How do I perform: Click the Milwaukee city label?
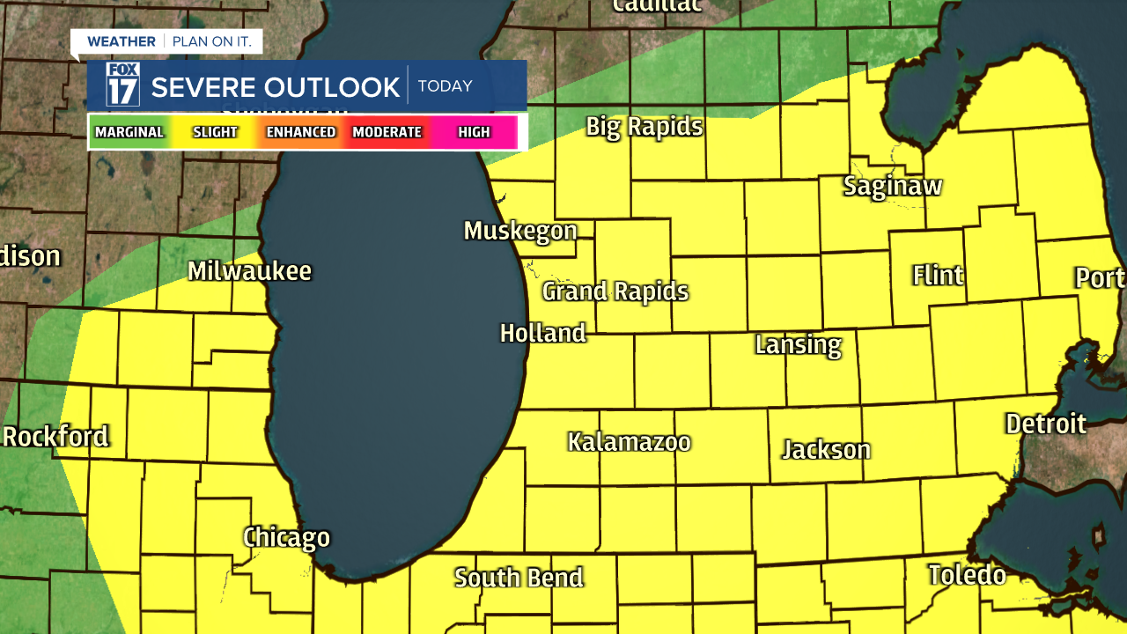(x=249, y=271)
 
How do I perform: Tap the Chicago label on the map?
(x=286, y=537)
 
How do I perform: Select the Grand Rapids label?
(x=615, y=291)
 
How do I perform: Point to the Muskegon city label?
(x=520, y=231)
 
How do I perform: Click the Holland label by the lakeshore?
(x=542, y=334)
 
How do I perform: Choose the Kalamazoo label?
(x=629, y=442)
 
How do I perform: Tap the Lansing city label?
(x=798, y=344)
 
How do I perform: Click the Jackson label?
(x=826, y=450)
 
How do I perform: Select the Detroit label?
(x=1046, y=424)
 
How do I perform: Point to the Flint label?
(x=938, y=276)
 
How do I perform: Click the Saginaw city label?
(x=893, y=187)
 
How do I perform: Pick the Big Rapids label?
(x=645, y=127)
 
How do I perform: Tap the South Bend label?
(x=519, y=578)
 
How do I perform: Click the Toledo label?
(x=967, y=576)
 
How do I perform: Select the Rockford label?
(x=55, y=437)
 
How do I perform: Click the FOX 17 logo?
(x=122, y=85)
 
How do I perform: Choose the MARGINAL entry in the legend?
(x=129, y=132)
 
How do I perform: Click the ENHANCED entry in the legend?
(x=301, y=132)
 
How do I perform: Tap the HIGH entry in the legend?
(x=474, y=132)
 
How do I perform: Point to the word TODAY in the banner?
(x=446, y=86)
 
